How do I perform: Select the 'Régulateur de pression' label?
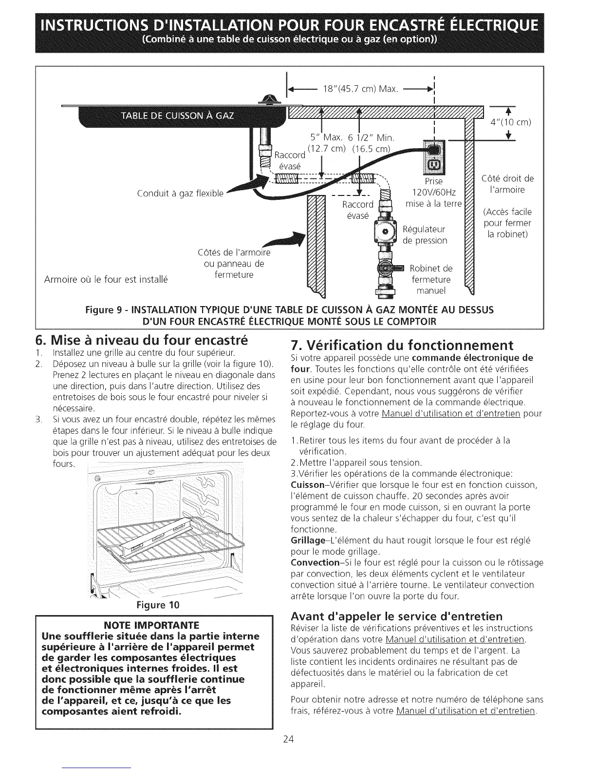click(x=425, y=234)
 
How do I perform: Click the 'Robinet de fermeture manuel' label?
click(x=431, y=280)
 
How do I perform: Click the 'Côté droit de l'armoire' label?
click(x=507, y=184)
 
